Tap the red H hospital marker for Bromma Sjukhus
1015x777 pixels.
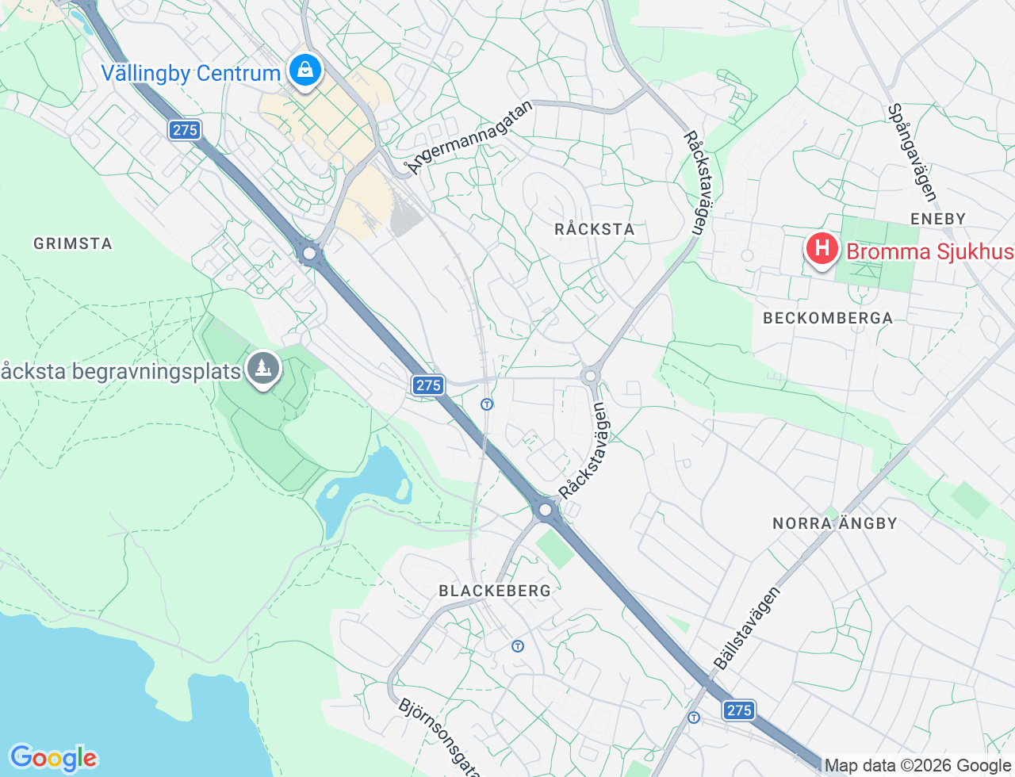tap(822, 249)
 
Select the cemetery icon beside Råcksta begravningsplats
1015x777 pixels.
tap(262, 369)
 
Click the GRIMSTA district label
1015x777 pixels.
tap(73, 243)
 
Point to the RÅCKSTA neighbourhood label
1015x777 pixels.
tap(595, 229)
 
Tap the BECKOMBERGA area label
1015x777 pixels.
tap(828, 318)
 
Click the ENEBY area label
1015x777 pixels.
tap(938, 219)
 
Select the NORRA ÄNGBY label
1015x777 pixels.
tap(835, 523)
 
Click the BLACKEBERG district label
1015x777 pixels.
tap(495, 591)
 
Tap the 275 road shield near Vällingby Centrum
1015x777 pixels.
tap(185, 130)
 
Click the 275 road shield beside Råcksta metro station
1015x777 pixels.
tap(428, 385)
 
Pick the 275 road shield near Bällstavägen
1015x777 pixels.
tap(739, 710)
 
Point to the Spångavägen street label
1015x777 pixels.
tap(913, 152)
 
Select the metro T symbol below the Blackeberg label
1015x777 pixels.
tap(518, 646)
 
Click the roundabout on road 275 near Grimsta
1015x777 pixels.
tap(309, 254)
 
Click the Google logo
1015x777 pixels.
tap(53, 758)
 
